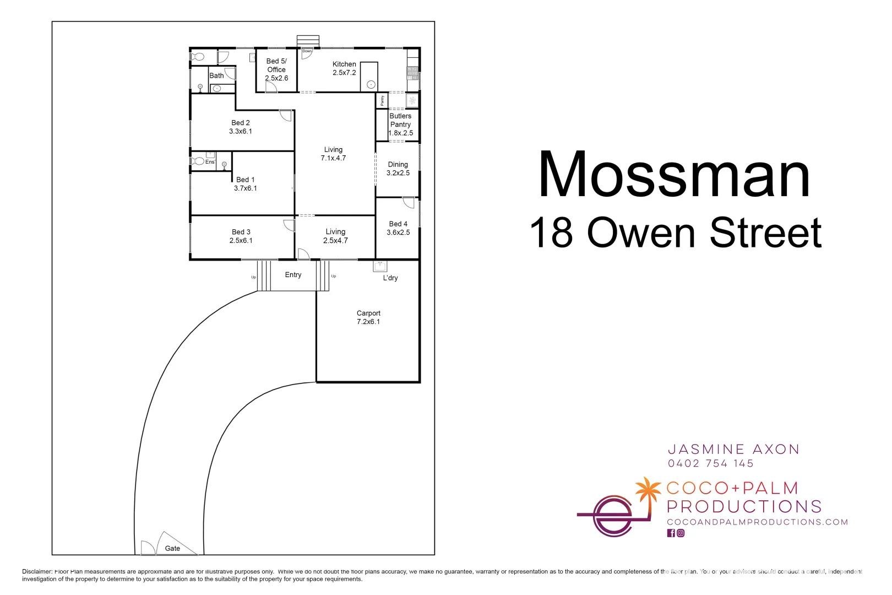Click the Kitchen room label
coord(344,68)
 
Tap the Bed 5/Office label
coord(276,69)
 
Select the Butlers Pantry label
coord(400,125)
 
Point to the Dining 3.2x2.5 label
coord(398,169)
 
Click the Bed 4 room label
coord(398,228)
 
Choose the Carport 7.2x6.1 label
coord(368,317)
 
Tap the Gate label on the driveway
coord(172,548)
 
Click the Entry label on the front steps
coord(293,275)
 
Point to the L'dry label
coord(390,278)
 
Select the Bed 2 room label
coord(241,127)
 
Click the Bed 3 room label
coord(241,236)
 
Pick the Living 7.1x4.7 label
coord(333,154)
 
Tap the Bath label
coord(216,75)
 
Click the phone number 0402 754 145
coord(710,463)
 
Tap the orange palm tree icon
coord(648,490)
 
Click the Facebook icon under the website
coord(671,533)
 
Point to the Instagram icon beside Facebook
coord(681,533)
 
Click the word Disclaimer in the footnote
coord(37,571)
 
